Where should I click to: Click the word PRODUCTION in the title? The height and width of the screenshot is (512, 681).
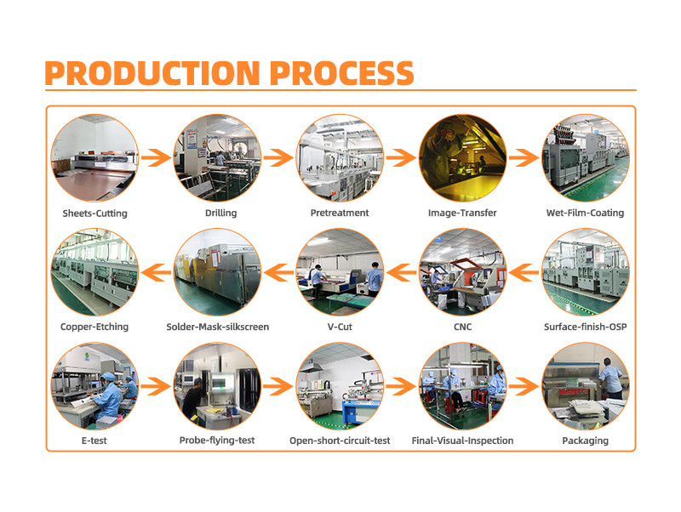(x=152, y=73)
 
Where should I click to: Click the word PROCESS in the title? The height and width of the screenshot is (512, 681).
(x=342, y=73)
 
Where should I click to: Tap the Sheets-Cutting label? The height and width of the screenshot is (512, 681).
(x=94, y=213)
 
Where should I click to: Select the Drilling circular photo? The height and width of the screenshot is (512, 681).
(x=217, y=158)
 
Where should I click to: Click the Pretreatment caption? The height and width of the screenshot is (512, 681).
(x=340, y=213)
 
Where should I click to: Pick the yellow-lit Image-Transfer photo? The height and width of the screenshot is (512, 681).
(x=462, y=158)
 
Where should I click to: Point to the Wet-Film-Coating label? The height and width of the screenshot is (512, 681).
(x=585, y=213)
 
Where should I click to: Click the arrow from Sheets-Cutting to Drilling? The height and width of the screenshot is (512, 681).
(x=156, y=158)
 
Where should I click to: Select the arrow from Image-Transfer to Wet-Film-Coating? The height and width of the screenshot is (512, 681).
(x=524, y=158)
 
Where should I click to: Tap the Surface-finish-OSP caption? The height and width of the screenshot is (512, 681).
(x=586, y=327)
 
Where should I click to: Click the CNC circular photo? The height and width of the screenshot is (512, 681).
(x=462, y=272)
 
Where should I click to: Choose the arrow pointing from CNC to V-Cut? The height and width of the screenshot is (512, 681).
(x=401, y=272)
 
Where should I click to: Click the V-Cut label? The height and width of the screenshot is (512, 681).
(x=340, y=327)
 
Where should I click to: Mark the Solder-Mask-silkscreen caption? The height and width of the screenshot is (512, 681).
(x=218, y=327)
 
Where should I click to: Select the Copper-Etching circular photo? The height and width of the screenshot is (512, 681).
(x=94, y=272)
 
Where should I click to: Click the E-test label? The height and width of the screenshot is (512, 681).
(x=94, y=441)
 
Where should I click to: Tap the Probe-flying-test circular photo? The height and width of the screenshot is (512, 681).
(x=217, y=386)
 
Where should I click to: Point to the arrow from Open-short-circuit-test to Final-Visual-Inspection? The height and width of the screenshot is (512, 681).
(x=401, y=386)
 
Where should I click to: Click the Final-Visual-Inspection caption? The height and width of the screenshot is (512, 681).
(x=462, y=441)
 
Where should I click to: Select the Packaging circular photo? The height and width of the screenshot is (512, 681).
(x=586, y=386)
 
